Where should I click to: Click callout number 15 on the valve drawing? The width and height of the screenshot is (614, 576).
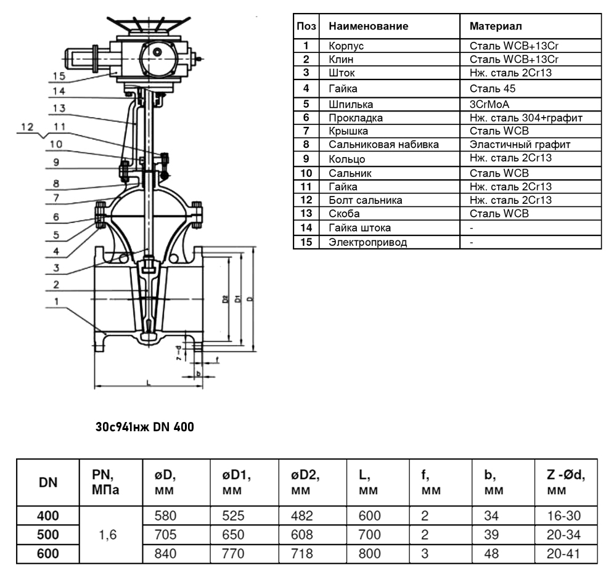point(59,76)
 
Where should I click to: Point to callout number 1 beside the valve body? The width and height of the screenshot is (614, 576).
point(57,301)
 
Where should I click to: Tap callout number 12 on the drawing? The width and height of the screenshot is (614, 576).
point(27,127)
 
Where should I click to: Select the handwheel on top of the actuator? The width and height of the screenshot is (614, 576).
point(149,24)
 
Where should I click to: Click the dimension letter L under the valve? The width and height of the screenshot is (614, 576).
point(149,383)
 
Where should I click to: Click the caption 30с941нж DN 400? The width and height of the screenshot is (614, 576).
point(145,426)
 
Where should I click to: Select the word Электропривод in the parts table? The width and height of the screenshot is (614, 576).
point(367,242)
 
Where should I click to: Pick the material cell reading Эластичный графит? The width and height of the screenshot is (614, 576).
point(520,144)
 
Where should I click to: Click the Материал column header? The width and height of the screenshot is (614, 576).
point(496,26)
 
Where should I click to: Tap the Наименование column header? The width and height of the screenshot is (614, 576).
point(369,26)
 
